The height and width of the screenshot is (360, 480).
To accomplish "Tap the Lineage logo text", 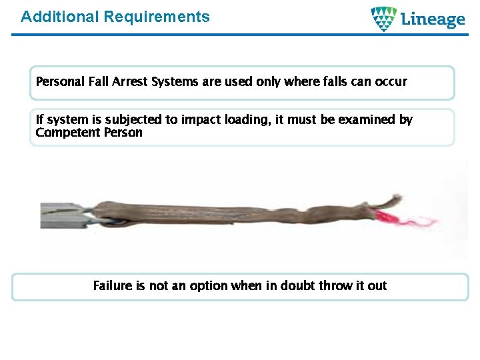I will click(x=433, y=19).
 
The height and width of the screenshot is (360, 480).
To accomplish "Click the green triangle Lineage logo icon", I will click(x=383, y=19).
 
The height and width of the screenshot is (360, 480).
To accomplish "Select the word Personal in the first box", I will click(x=60, y=82).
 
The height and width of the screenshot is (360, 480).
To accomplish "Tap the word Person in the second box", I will click(x=123, y=132).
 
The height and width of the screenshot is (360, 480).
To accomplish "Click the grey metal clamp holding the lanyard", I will click(x=63, y=215).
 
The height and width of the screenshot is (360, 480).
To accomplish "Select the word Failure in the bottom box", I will click(x=112, y=286).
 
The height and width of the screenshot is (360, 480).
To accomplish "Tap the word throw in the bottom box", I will click(x=336, y=286).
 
